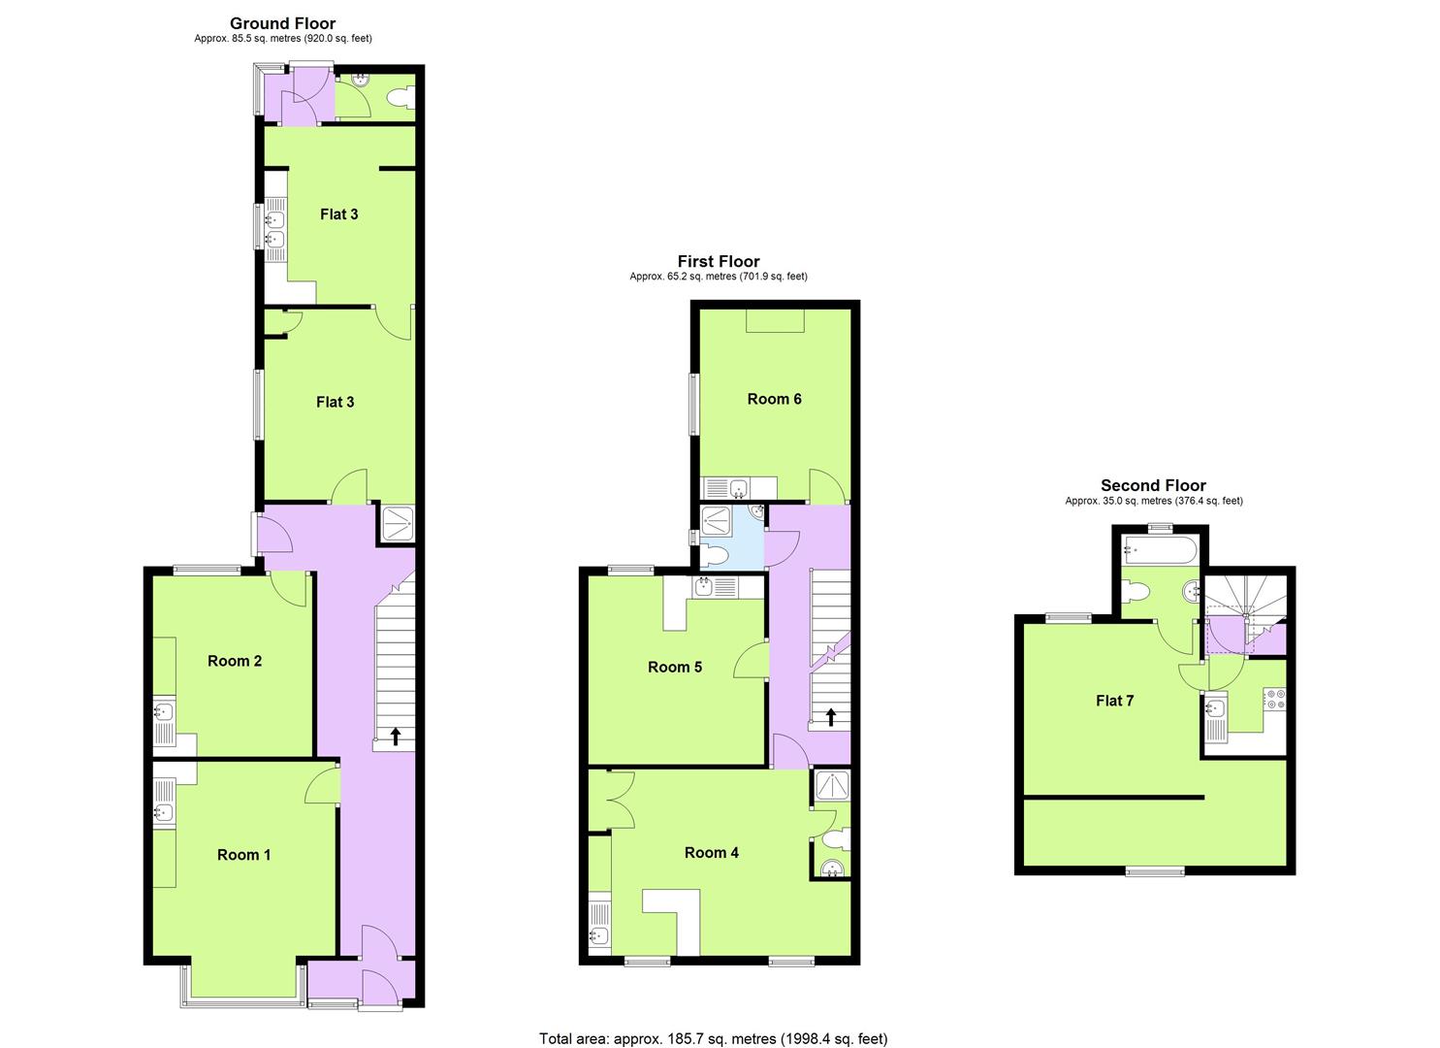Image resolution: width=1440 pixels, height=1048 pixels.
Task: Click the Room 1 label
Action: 243,855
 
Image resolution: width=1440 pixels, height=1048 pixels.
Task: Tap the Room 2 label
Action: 235,661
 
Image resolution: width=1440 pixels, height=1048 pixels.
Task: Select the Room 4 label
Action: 712,852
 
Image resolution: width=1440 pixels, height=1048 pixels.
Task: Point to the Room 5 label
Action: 675,667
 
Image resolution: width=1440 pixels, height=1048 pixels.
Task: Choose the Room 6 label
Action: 774,399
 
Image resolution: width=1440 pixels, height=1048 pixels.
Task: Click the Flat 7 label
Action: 1114,701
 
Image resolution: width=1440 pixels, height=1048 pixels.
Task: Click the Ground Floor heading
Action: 282,23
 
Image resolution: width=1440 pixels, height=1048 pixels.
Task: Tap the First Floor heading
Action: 719,261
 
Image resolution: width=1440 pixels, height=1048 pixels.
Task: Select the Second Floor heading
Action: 1153,485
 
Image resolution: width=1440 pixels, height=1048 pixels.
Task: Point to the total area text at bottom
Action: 713,1039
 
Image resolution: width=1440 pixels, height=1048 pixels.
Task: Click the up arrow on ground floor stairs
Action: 396,736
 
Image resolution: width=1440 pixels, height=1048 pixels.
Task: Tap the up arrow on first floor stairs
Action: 830,717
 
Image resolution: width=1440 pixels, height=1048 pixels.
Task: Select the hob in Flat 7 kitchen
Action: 1273,700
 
